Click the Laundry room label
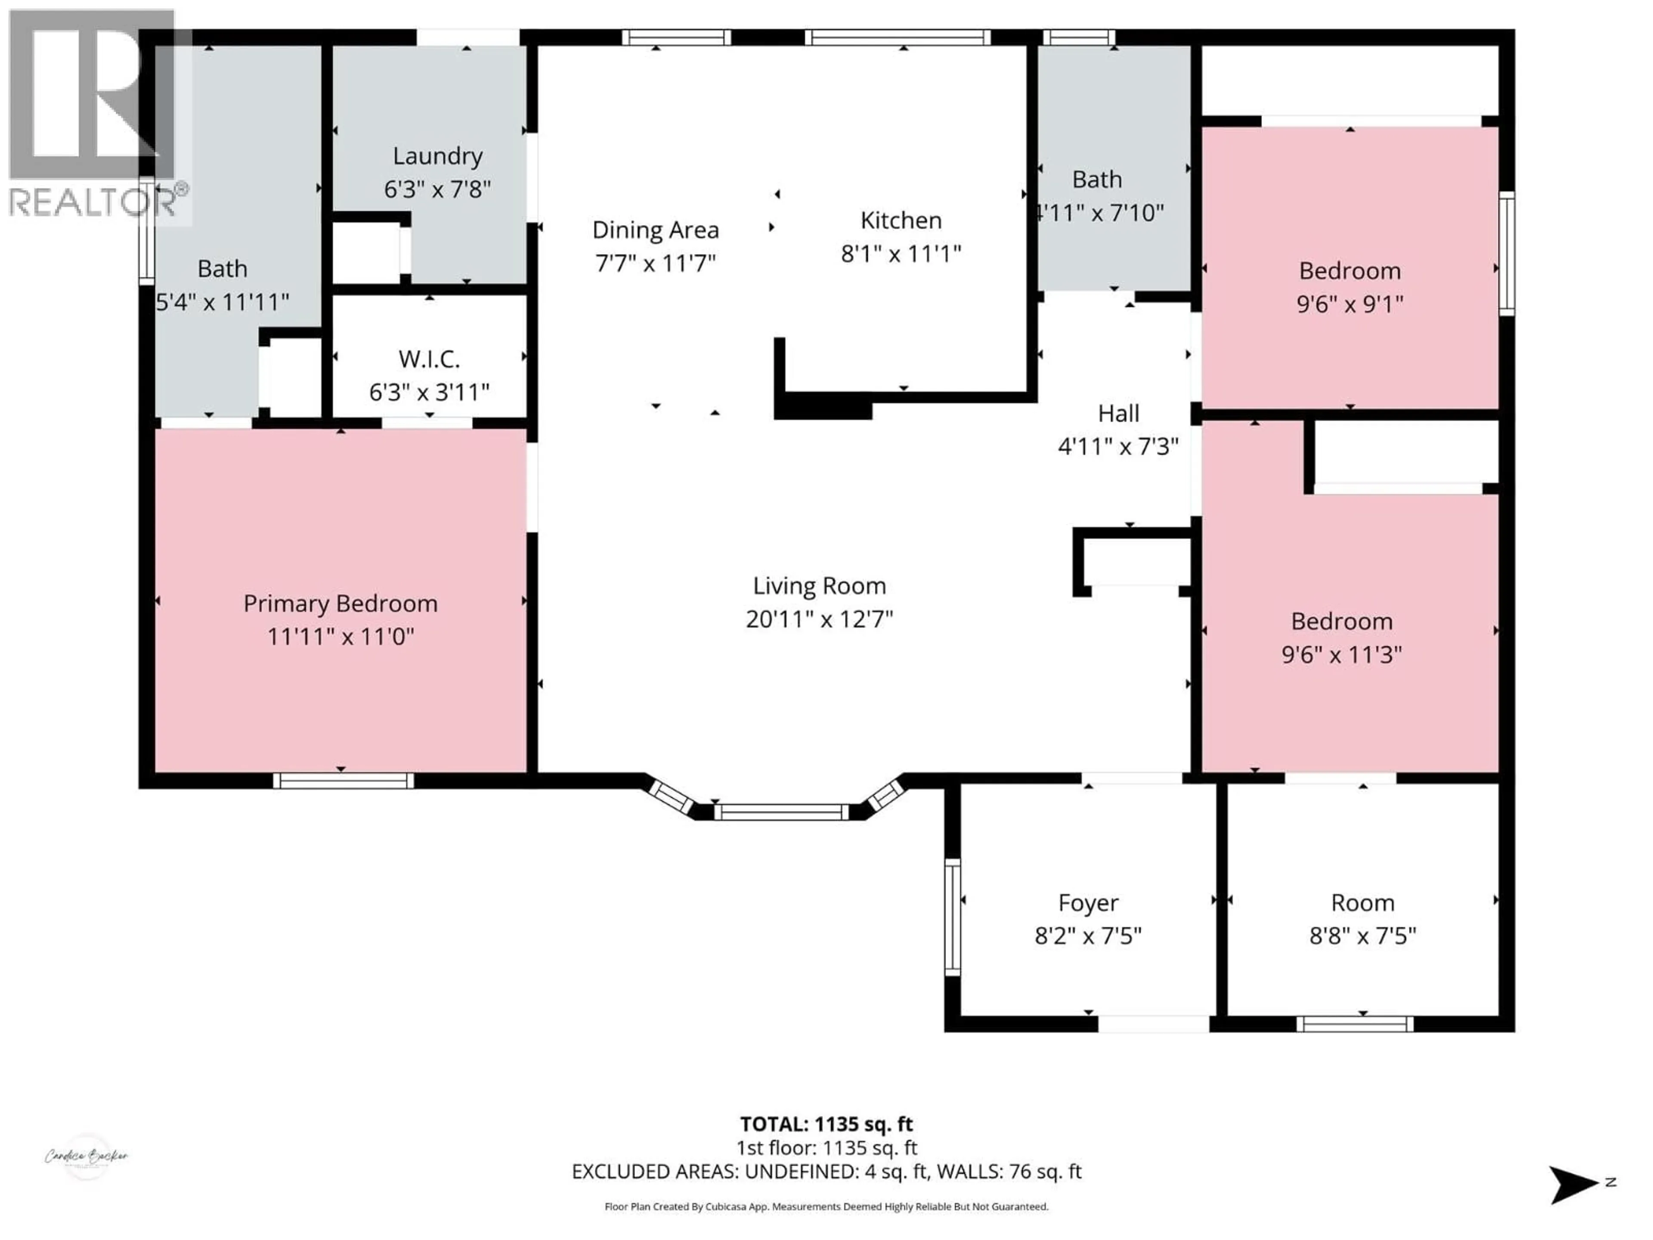437,156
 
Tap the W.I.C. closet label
429,360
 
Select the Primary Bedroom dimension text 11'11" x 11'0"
341,637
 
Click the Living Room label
819,586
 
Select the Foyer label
1088,903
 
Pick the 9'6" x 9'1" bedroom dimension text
1350,304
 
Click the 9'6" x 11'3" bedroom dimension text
1341,655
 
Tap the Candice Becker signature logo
86,1156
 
